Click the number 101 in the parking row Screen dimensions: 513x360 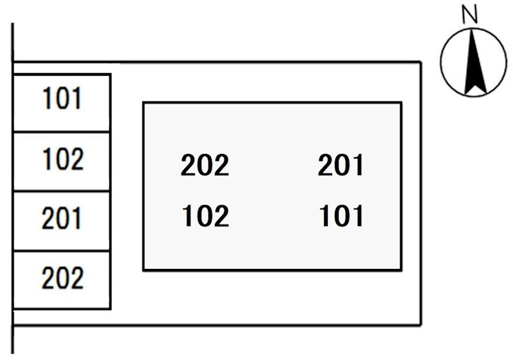pos(62,98)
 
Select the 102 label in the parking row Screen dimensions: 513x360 pos(63,159)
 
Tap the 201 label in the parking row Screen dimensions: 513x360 pos(62,218)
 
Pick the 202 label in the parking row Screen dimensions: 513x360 pos(62,278)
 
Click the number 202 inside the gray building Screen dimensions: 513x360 pos(205,165)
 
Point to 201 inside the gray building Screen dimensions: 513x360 pos(341,165)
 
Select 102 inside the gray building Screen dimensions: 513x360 pos(205,216)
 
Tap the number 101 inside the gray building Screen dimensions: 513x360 pos(341,216)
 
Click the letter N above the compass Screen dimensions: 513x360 pos(470,15)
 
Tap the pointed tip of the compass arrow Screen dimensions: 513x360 pos(471,30)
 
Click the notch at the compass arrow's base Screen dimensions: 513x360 pos(474,86)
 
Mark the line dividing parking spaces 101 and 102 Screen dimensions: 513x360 pos(62,132)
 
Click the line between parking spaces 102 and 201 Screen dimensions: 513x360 pos(62,191)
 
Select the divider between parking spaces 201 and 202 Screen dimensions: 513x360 pos(62,251)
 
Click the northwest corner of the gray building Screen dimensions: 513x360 pos(144,103)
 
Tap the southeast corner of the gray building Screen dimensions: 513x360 pos(401,270)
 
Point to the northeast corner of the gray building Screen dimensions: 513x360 pos(401,103)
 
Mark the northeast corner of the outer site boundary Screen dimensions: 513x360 pos(421,62)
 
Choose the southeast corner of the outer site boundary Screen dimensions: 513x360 pos(421,325)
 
